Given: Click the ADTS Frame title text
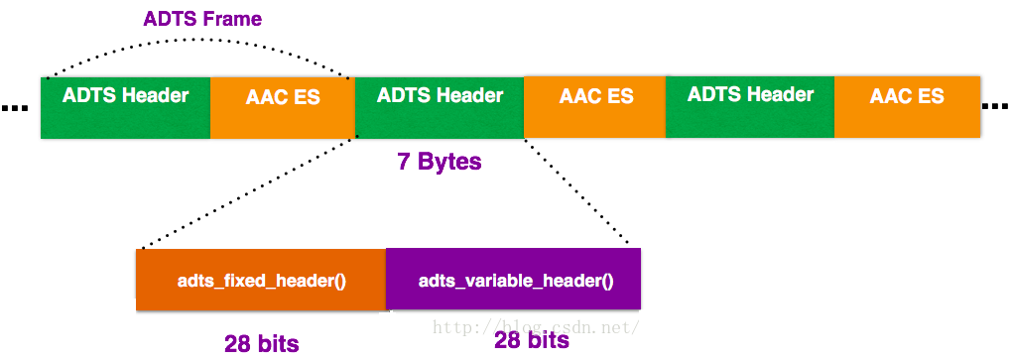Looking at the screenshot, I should pyautogui.click(x=202, y=19).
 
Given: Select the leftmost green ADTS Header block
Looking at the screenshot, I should pyautogui.click(x=125, y=107).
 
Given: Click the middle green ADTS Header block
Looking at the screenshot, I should pyautogui.click(x=439, y=107).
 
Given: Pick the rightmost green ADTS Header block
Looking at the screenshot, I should pyautogui.click(x=750, y=107).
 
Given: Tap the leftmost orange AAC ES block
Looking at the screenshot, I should pyautogui.click(x=283, y=107).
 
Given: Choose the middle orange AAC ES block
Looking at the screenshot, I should pyautogui.click(x=595, y=107).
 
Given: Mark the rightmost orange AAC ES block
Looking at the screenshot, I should pyautogui.click(x=907, y=107).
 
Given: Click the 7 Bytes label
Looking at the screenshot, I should pyautogui.click(x=439, y=162).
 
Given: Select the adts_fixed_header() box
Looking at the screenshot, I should pyautogui.click(x=261, y=280).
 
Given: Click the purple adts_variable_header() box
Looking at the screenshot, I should pyautogui.click(x=514, y=280).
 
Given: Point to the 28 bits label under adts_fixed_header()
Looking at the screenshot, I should pyautogui.click(x=261, y=344).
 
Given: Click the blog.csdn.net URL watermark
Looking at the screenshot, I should pyautogui.click(x=536, y=325).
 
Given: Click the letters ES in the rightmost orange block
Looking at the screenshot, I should pyautogui.click(x=930, y=97).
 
